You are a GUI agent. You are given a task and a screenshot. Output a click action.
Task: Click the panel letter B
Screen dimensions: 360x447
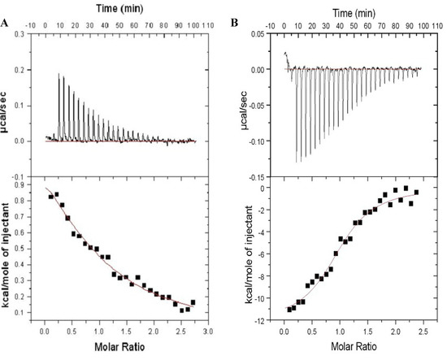point(236,23)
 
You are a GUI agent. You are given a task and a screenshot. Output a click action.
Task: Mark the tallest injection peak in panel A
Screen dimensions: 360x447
point(59,75)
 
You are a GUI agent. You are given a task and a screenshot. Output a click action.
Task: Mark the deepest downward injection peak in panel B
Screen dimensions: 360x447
point(297,162)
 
